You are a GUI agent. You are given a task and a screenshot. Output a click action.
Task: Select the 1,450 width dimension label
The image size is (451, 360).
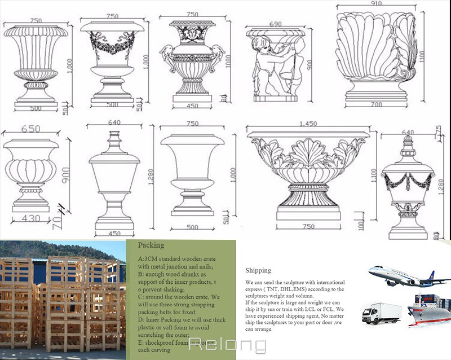(307, 124)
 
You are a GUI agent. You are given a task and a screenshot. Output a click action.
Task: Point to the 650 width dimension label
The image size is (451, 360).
(30, 129)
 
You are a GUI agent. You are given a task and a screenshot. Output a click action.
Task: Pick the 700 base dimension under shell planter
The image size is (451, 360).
(376, 104)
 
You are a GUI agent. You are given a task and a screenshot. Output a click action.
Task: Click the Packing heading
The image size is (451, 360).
(151, 245)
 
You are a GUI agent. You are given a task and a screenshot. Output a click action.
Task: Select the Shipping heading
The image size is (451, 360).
(258, 270)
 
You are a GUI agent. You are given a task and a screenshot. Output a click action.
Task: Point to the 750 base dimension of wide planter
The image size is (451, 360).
(308, 226)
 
